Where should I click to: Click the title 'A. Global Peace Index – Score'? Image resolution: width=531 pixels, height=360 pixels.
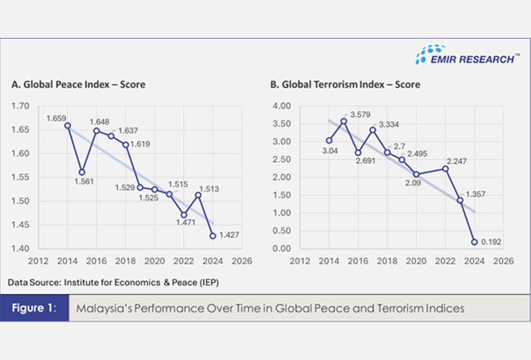tap(78, 85)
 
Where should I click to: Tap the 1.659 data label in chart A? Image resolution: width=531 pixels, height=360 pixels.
tap(56, 117)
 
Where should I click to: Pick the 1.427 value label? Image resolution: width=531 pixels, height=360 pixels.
tap(231, 236)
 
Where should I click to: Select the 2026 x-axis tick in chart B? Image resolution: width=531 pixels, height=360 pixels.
tap(503, 260)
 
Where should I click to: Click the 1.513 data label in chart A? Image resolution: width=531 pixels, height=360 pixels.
tap(210, 188)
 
